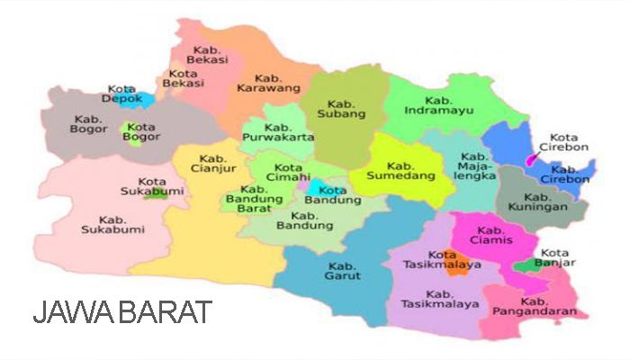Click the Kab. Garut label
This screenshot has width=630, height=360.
342,270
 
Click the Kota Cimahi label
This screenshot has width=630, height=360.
288,173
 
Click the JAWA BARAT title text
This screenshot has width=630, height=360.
122,312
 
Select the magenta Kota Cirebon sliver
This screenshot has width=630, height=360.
532,159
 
